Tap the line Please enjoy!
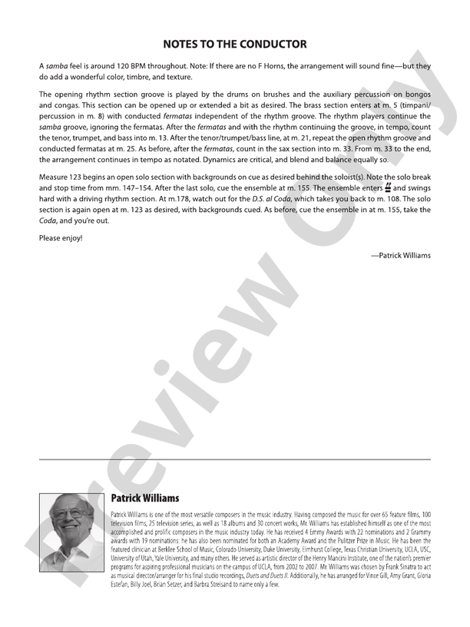click(x=60, y=238)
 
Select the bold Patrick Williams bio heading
click(x=145, y=498)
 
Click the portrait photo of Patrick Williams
click(x=72, y=532)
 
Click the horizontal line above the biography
click(x=235, y=459)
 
